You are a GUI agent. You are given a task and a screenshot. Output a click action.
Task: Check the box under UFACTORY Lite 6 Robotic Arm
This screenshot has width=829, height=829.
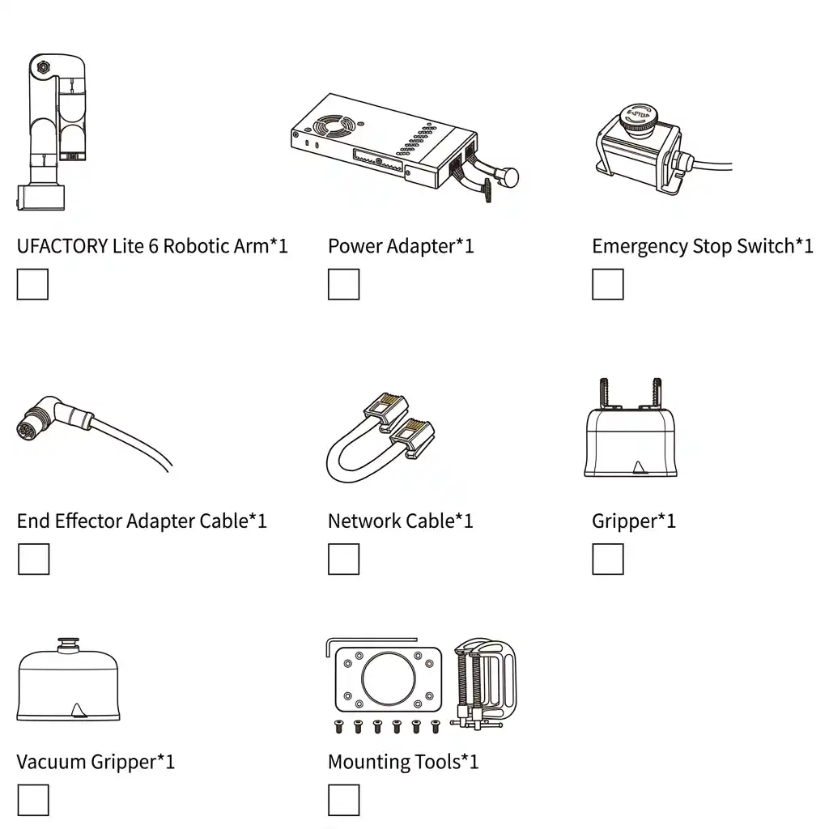tap(32, 284)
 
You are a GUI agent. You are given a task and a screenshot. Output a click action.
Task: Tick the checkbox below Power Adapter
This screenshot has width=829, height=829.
tap(343, 284)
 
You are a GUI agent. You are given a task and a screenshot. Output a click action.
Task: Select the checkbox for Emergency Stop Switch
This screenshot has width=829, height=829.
tap(608, 284)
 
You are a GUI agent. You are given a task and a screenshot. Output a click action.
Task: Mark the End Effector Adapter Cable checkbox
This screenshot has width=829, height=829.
tap(34, 559)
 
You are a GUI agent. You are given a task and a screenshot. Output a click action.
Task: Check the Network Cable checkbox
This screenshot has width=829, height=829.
tap(343, 559)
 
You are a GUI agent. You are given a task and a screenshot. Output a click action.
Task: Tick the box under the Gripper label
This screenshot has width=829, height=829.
tap(608, 559)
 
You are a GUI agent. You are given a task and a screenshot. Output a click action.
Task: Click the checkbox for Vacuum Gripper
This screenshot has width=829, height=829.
tap(33, 800)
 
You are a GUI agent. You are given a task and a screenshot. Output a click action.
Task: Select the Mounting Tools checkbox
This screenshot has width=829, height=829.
tap(343, 800)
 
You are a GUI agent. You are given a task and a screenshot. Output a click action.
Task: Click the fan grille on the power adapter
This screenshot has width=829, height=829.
tap(334, 126)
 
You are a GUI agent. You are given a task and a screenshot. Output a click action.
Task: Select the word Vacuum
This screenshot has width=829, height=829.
tap(51, 762)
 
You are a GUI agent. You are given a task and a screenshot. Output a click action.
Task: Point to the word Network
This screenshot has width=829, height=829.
tap(364, 521)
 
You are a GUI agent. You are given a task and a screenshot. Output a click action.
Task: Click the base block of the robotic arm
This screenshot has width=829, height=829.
tap(41, 198)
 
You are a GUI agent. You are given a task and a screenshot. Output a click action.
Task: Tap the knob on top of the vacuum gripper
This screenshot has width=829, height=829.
tap(68, 644)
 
